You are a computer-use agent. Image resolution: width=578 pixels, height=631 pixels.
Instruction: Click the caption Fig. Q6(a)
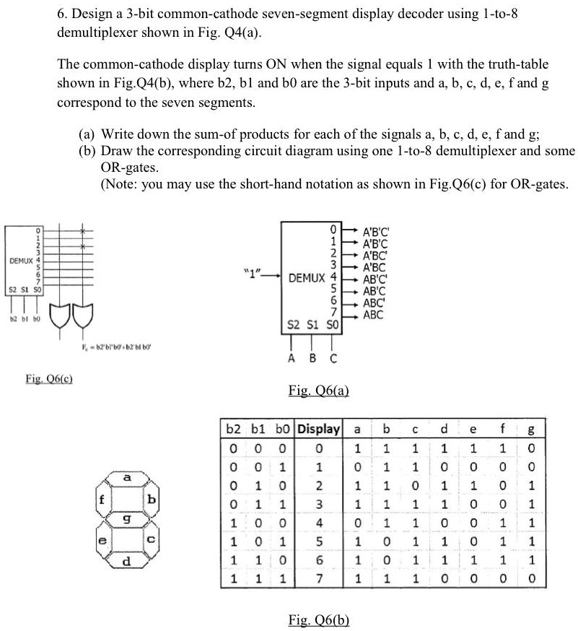pyautogui.click(x=318, y=391)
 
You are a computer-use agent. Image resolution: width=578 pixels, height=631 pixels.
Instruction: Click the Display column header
pyautogui.click(x=319, y=428)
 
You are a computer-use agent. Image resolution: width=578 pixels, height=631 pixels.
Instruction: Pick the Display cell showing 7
pyautogui.click(x=319, y=578)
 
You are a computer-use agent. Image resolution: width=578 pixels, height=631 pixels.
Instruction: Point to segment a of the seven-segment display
pyautogui.click(x=128, y=478)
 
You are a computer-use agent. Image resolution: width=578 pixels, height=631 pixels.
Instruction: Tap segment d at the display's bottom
pyautogui.click(x=128, y=560)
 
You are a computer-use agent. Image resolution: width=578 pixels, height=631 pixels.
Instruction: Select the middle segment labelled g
pyautogui.click(x=128, y=518)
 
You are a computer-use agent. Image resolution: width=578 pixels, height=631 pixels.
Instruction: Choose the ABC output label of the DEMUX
pyautogui.click(x=373, y=315)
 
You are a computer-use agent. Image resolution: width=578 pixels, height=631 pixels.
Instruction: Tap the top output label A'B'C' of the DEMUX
pyautogui.click(x=375, y=232)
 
